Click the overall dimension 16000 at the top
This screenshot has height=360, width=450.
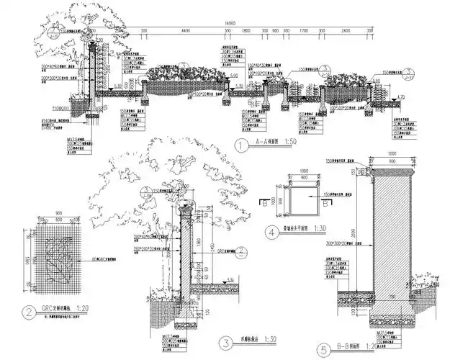point(230,23)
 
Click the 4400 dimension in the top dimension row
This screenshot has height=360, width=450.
point(185,31)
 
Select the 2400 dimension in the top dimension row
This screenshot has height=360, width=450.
point(346,31)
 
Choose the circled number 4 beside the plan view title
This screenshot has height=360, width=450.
point(272,233)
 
